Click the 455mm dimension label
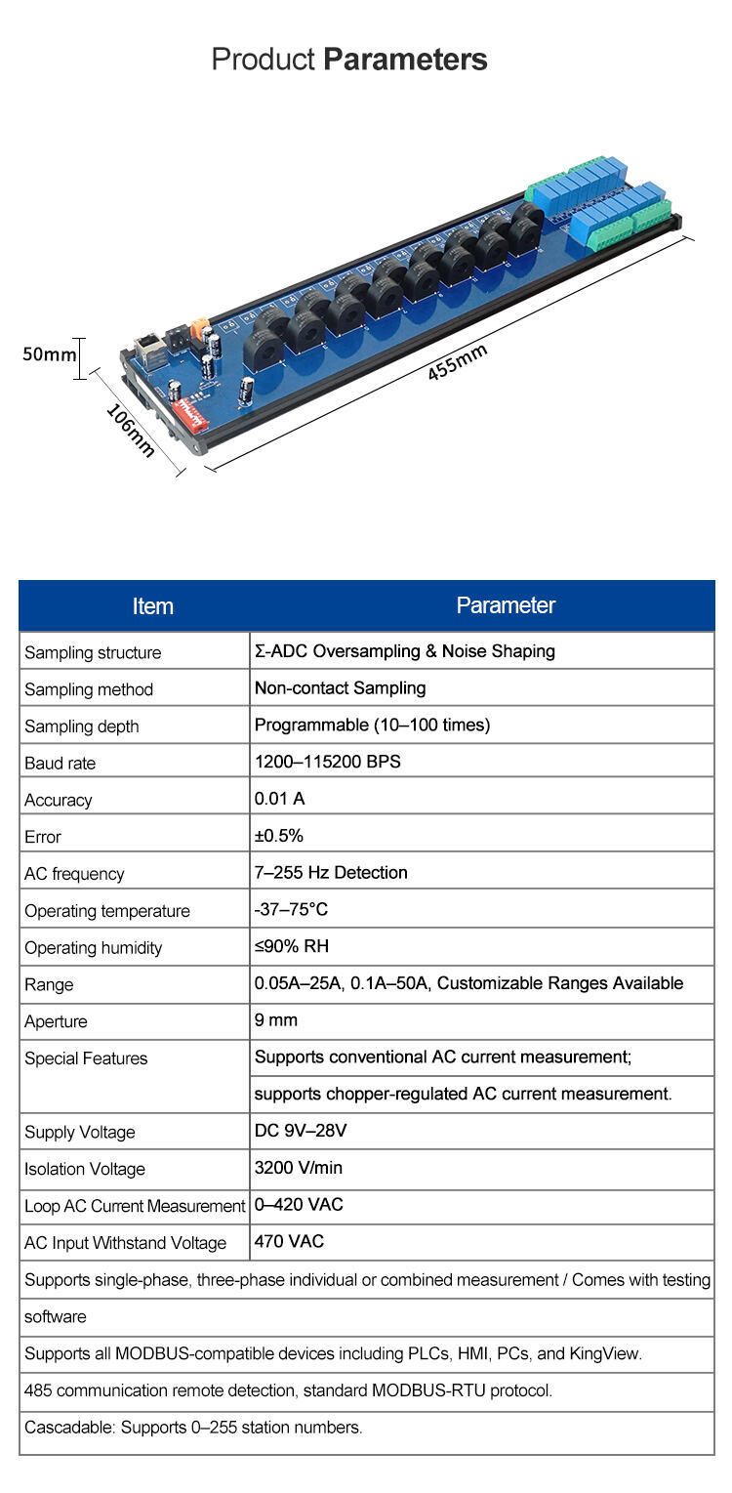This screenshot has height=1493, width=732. (457, 363)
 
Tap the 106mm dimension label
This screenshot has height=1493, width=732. (130, 430)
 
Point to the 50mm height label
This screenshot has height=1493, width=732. (49, 353)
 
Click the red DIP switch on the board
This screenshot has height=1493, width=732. (191, 415)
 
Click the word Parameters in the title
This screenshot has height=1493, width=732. (405, 60)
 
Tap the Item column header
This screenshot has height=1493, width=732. (152, 606)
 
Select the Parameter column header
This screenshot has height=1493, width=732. (506, 605)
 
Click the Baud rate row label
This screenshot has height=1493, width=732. (61, 764)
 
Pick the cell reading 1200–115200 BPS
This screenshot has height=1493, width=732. (328, 762)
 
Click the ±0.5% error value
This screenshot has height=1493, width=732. (279, 836)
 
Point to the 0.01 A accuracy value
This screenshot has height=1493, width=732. (280, 799)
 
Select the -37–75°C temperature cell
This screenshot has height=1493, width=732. (291, 909)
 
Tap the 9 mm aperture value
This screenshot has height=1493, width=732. (276, 1020)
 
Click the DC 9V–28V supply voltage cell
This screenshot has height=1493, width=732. (301, 1131)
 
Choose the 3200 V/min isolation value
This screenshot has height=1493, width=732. (299, 1168)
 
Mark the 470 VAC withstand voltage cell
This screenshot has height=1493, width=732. (289, 1242)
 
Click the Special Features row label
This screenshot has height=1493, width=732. (86, 1058)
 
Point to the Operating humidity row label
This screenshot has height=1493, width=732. (94, 947)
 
